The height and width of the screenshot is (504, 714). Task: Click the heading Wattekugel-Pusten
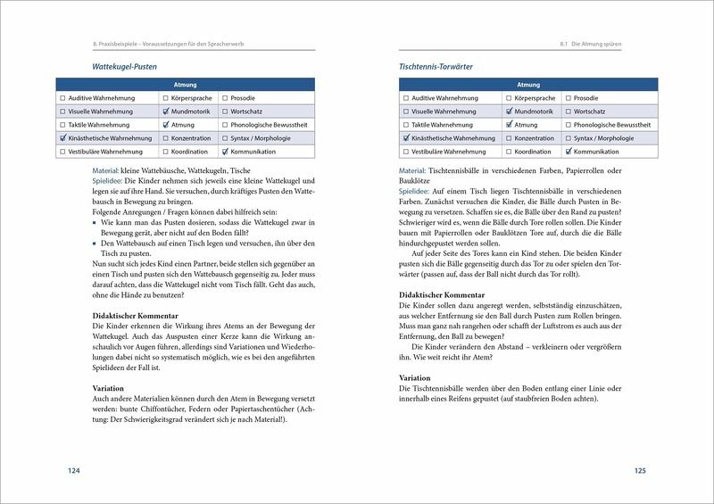tap(132, 66)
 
